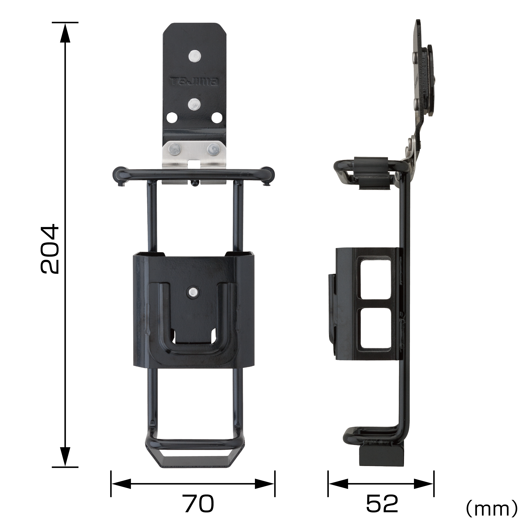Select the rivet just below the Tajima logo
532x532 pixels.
pos(194,104)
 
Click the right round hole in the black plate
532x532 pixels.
pos(217,118)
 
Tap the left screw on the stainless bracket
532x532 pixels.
pos(174,149)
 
